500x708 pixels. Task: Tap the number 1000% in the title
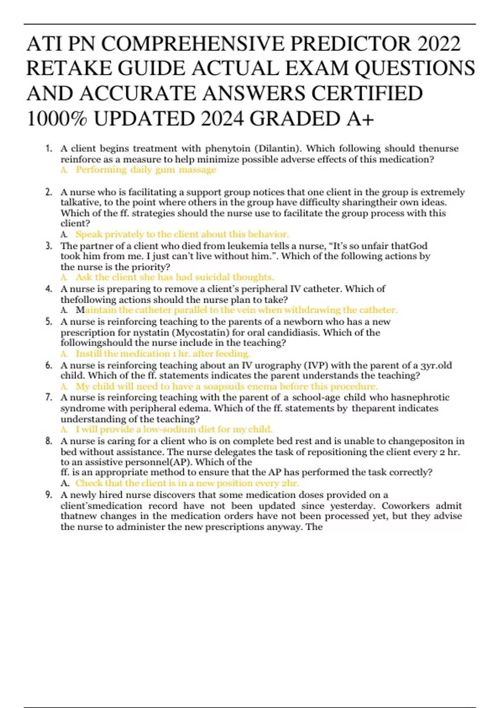click(57, 119)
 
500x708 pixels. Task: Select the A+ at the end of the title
click(360, 119)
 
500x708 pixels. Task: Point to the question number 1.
click(49, 149)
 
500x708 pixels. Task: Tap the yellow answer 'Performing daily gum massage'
click(146, 170)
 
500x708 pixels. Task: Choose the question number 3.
click(49, 246)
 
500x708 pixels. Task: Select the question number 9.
click(49, 495)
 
